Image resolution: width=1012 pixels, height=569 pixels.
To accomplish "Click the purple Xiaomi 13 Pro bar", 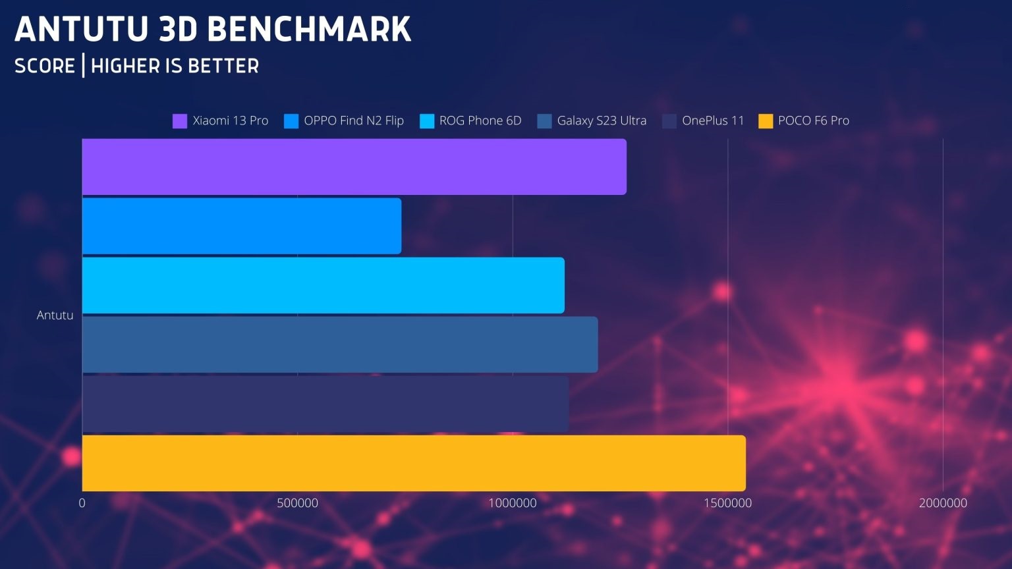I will pyautogui.click(x=354, y=167).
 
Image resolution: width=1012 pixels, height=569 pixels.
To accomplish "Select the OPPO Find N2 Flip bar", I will pyautogui.click(x=241, y=226).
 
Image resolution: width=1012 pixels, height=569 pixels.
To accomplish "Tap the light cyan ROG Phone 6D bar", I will pyautogui.click(x=323, y=285).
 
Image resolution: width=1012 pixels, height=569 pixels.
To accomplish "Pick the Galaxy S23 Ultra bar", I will pyautogui.click(x=339, y=344).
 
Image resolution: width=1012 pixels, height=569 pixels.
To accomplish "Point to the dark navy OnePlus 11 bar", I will pyautogui.click(x=325, y=404).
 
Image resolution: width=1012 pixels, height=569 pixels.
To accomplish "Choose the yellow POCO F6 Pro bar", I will pyautogui.click(x=413, y=463).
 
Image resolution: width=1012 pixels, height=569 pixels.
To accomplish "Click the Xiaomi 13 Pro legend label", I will pyautogui.click(x=230, y=121).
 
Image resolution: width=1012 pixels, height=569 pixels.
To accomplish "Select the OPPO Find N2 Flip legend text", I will pyautogui.click(x=353, y=121).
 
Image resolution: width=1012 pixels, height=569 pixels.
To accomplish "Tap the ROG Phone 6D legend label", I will pyautogui.click(x=480, y=121).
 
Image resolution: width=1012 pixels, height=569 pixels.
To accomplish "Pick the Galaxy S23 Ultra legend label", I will pyautogui.click(x=601, y=121).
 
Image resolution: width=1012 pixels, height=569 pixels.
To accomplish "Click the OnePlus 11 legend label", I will pyautogui.click(x=712, y=121).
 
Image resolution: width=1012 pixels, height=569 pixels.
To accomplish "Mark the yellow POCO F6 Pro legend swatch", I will pyautogui.click(x=766, y=121).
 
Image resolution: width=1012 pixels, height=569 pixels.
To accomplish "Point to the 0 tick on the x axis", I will pyautogui.click(x=82, y=503).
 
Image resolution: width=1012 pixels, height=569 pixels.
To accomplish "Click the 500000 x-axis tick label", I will pyautogui.click(x=297, y=503).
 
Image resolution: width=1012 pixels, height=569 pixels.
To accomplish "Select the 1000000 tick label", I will pyautogui.click(x=513, y=503).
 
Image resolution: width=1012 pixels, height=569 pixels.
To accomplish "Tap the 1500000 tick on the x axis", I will pyautogui.click(x=727, y=503).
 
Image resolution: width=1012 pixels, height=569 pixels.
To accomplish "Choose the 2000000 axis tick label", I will pyautogui.click(x=943, y=503).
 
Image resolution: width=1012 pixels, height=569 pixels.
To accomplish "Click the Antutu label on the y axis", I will pyautogui.click(x=55, y=315).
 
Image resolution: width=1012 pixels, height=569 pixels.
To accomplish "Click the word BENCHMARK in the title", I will pyautogui.click(x=308, y=30).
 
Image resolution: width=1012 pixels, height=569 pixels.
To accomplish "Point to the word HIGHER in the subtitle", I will pyautogui.click(x=125, y=66).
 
